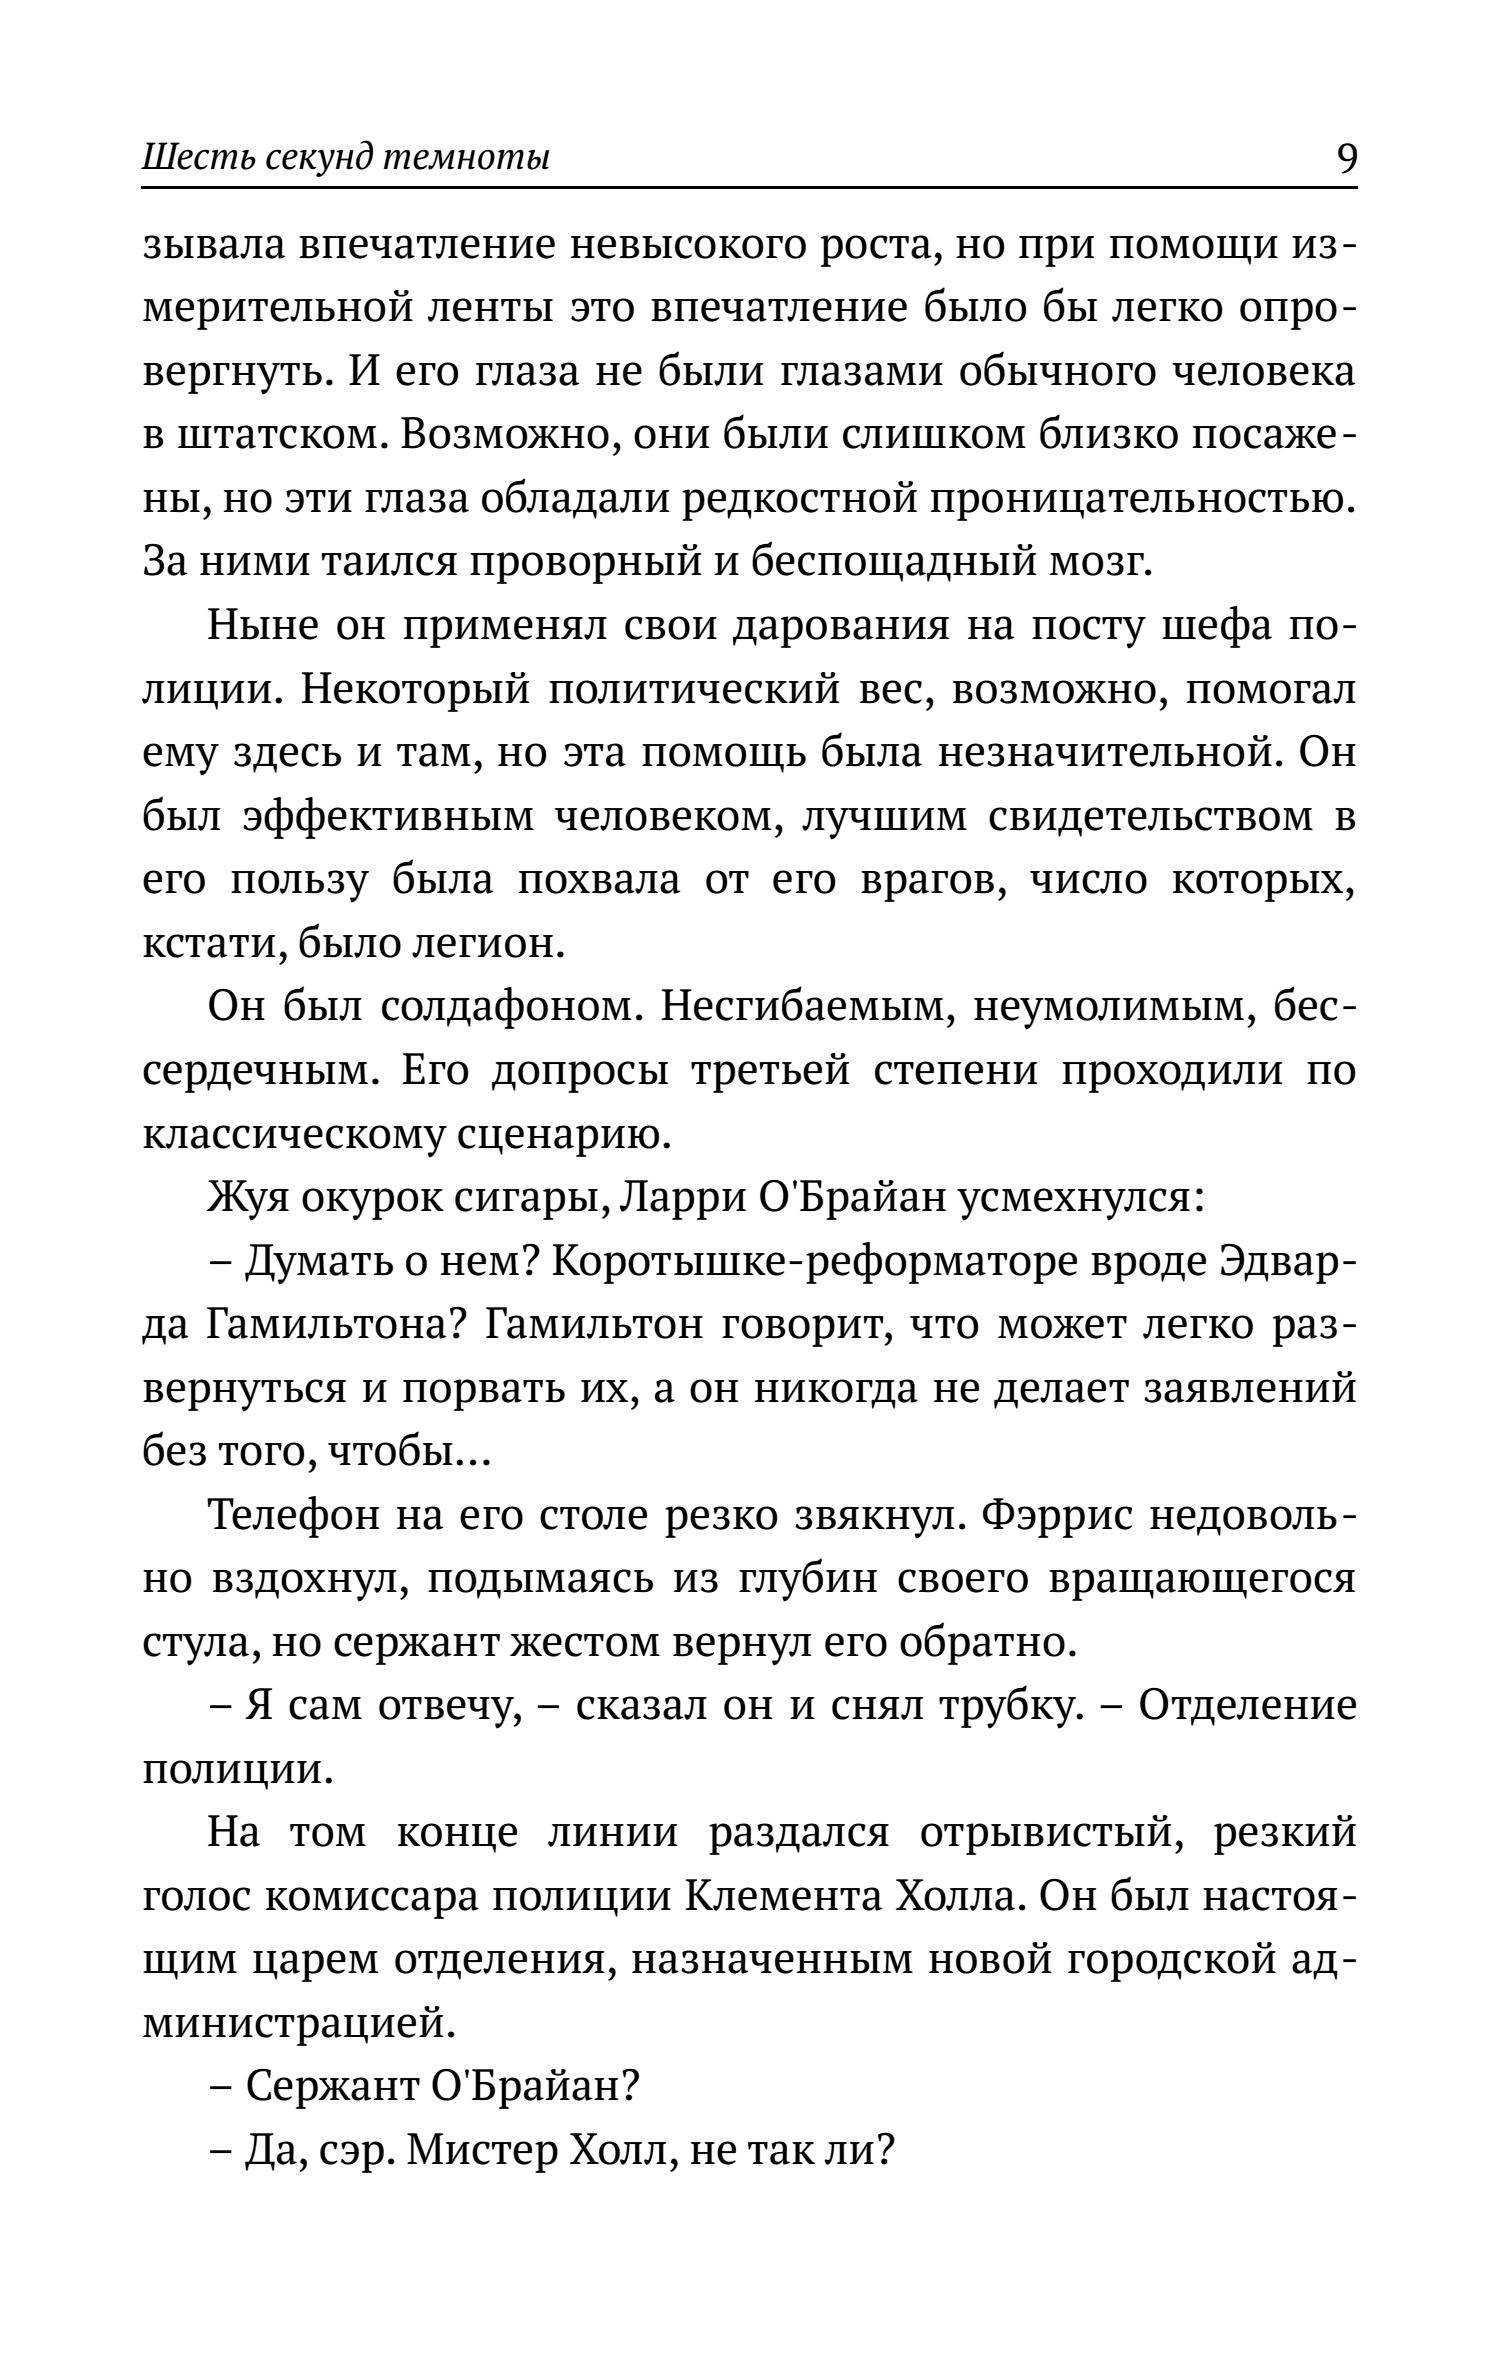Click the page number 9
[x=1346, y=158]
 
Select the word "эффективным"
[x=389, y=818]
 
